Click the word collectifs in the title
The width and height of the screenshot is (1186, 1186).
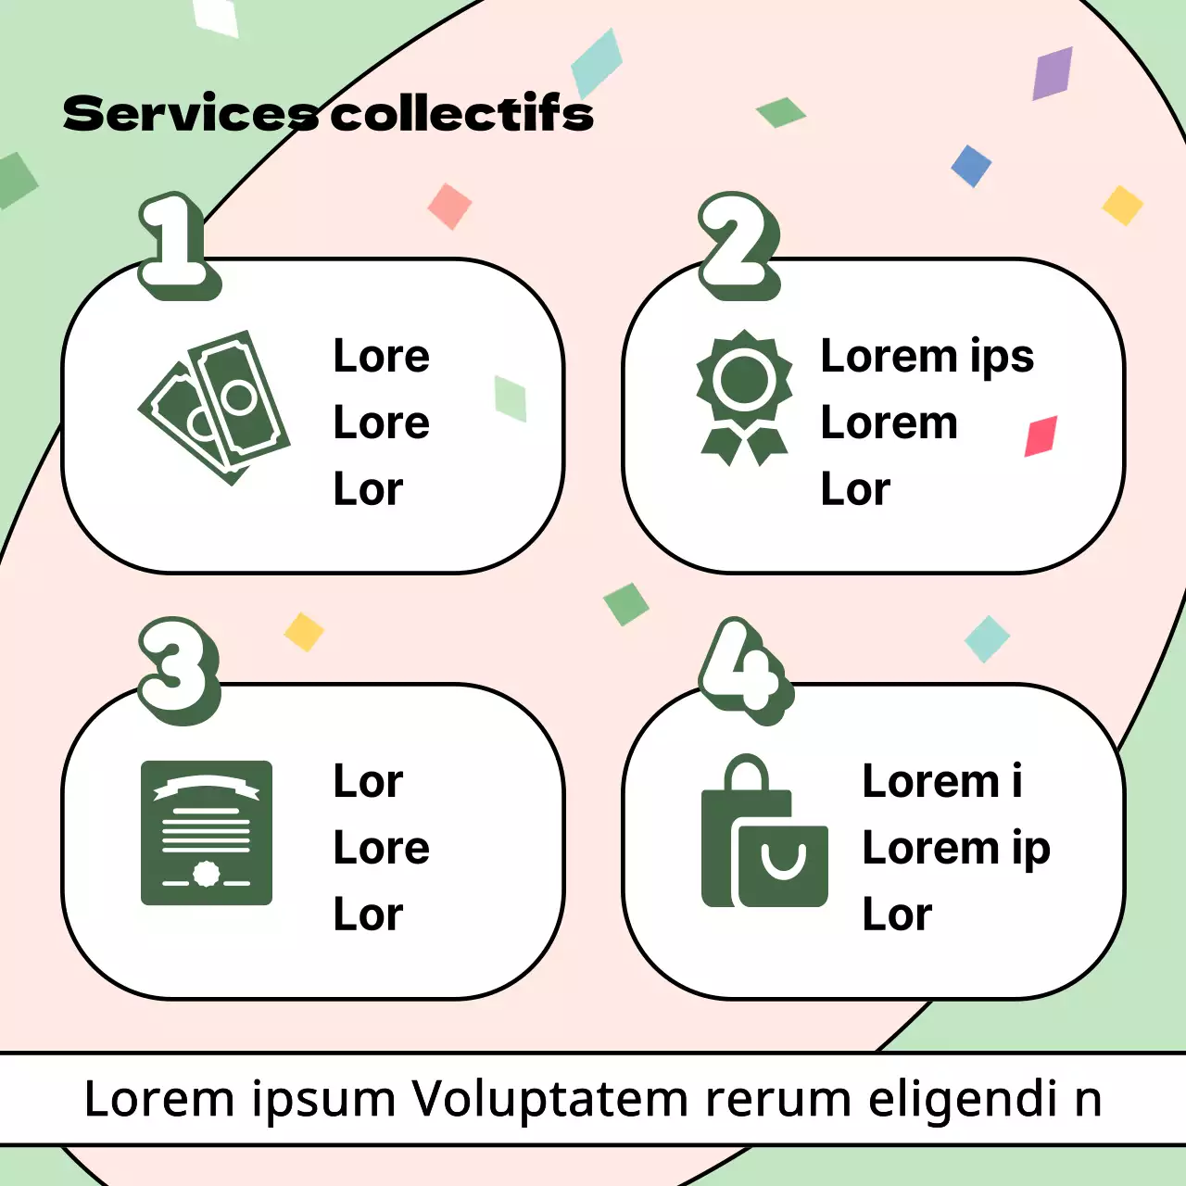coord(461,114)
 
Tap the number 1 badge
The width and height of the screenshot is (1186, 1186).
coord(178,245)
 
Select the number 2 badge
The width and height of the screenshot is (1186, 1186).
coord(738,245)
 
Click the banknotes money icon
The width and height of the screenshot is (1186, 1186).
coord(215,407)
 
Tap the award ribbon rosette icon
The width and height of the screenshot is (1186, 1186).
coord(744,397)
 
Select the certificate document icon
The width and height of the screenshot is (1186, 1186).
coord(207,832)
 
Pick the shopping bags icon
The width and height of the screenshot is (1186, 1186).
coord(764,832)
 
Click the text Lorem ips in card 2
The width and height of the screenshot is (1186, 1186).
coord(927,357)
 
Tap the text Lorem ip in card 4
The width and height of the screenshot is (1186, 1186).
coord(955,849)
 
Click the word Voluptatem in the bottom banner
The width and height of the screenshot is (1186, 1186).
coord(550,1099)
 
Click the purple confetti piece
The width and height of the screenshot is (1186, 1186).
coord(1053,72)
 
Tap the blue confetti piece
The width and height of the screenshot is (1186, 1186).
coord(971,166)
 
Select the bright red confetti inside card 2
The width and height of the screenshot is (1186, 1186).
coord(1041,436)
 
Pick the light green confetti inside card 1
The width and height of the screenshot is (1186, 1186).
coord(511,398)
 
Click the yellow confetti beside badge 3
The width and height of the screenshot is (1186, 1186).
coord(304,632)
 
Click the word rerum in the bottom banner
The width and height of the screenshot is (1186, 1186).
coord(778,1099)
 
